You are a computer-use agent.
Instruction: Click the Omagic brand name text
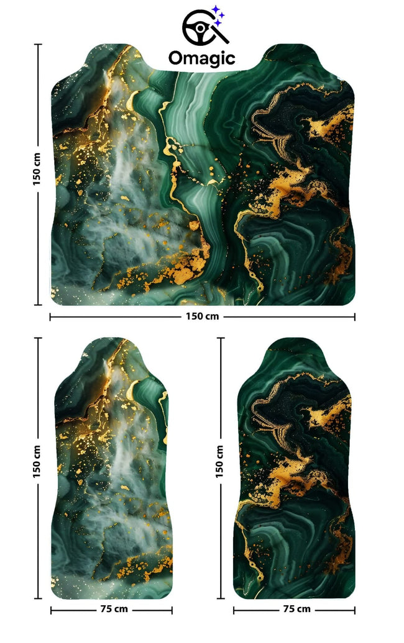click(x=202, y=58)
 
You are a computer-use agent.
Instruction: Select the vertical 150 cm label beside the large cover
click(x=37, y=169)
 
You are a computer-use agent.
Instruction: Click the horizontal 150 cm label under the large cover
click(x=203, y=317)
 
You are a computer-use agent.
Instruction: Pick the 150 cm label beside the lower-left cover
click(x=37, y=462)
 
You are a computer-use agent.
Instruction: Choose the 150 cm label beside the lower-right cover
click(x=219, y=462)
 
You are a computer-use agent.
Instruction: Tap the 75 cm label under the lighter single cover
click(x=113, y=609)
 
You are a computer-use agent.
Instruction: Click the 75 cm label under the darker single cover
click(x=295, y=609)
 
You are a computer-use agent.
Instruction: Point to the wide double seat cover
click(x=203, y=186)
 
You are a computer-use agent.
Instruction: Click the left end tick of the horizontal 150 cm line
click(x=50, y=317)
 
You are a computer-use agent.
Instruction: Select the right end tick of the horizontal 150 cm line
click(x=355, y=317)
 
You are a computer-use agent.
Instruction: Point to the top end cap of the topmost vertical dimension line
click(x=39, y=45)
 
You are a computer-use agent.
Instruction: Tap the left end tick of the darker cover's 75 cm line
click(x=234, y=609)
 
